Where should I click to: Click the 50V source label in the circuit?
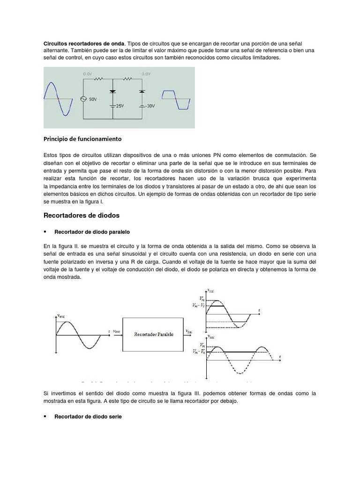93,99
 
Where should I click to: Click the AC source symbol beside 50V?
83,99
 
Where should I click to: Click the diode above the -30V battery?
142,89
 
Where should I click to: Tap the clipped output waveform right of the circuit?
176,100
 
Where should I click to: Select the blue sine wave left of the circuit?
59,98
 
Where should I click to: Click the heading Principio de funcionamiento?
82,139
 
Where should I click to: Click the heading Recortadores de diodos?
82,216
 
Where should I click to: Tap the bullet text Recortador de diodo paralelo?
92,232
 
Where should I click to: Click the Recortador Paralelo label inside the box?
153,335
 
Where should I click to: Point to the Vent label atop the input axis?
62,317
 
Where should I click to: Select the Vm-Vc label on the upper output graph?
198,306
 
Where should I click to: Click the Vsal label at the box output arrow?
188,331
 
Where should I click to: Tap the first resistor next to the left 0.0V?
99,80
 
